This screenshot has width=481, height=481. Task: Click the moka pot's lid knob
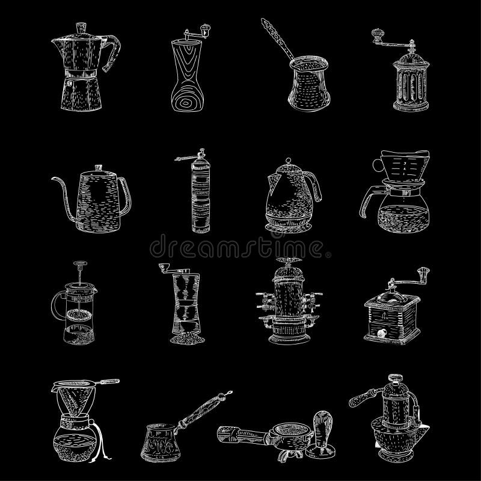coord(80,27)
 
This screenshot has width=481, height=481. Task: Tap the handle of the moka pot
coord(113,53)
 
